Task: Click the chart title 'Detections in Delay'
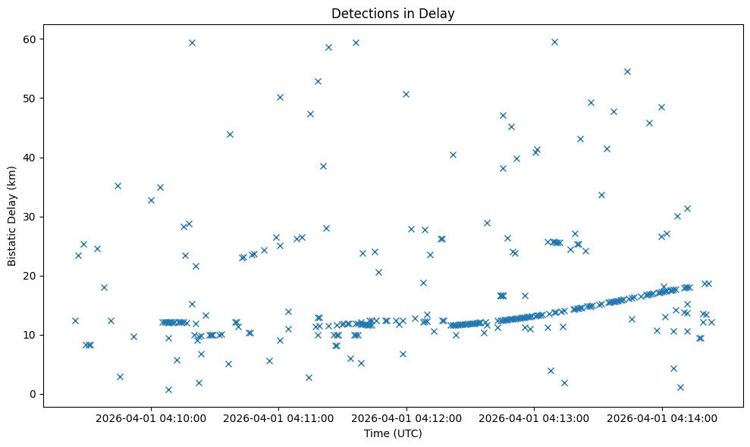(x=393, y=14)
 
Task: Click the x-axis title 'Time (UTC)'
(x=393, y=433)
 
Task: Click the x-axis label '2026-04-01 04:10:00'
(x=152, y=417)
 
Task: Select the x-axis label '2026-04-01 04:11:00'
(x=279, y=417)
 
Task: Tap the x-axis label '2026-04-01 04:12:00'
(x=407, y=417)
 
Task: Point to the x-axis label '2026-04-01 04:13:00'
(x=535, y=417)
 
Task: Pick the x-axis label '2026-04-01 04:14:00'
(x=662, y=417)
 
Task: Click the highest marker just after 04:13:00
(x=554, y=42)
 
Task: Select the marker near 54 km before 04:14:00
(x=627, y=71)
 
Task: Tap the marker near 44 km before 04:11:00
(x=230, y=134)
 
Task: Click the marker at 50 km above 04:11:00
(x=280, y=97)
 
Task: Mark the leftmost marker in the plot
(x=75, y=320)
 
